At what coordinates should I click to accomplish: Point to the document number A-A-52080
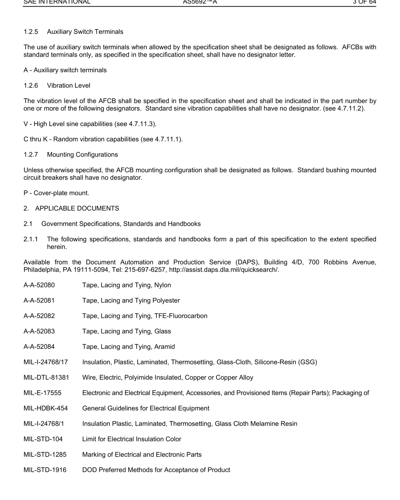[x=39, y=285]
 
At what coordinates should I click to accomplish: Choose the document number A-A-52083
[x=39, y=331]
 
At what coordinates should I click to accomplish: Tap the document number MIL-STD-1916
[x=45, y=469]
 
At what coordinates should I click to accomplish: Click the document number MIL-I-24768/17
[x=45, y=362]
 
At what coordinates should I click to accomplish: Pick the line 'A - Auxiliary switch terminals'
[x=65, y=70]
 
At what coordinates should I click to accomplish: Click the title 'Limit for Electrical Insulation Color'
[x=132, y=439]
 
